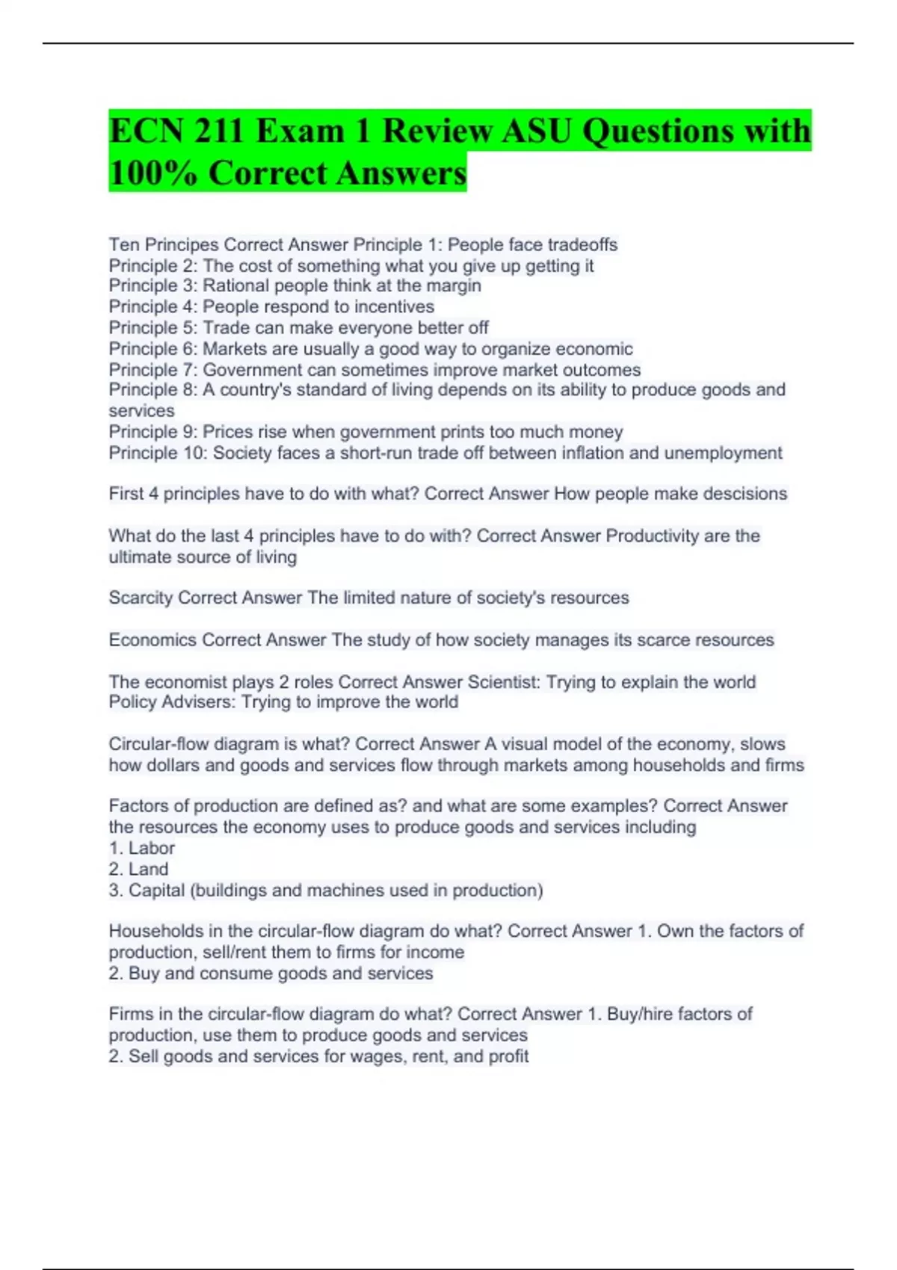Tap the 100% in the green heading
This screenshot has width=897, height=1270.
[153, 173]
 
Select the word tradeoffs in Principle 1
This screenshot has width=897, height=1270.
[579, 245]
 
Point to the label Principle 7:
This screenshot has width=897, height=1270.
[152, 370]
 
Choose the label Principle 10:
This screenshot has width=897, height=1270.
[158, 453]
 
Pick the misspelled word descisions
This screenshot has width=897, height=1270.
[739, 494]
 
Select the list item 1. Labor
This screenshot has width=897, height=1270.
[142, 848]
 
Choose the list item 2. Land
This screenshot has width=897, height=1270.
[139, 869]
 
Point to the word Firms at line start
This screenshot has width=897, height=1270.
[130, 1014]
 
